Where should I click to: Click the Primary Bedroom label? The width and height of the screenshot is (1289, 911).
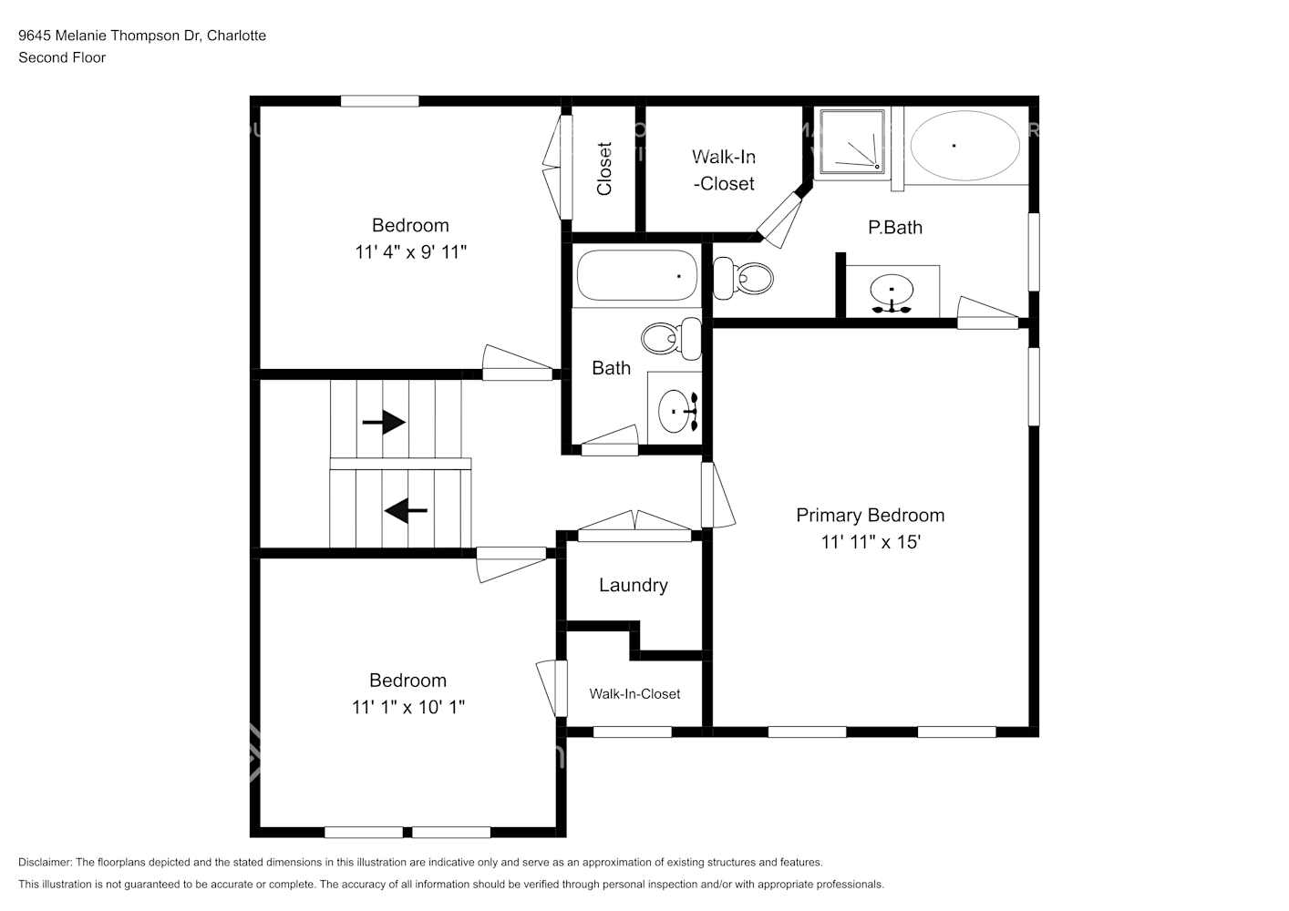pos(870,516)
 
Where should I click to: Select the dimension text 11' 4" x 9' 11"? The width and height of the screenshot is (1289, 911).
pos(410,252)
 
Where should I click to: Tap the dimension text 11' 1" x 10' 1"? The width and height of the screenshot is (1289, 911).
pos(407,707)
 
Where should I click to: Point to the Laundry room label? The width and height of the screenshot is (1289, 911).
pos(633,586)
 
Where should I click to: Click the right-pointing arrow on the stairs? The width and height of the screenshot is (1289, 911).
pos(384,422)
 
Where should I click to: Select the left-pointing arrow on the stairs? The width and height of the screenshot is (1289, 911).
pos(406,511)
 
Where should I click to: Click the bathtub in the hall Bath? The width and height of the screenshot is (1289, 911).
pos(635,275)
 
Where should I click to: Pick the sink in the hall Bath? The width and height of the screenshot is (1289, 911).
pos(675,411)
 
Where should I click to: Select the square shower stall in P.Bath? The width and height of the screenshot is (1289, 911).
pos(851,143)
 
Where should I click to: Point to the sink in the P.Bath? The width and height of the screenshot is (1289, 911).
pos(891,293)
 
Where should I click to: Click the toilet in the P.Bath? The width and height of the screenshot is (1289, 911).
pos(743,278)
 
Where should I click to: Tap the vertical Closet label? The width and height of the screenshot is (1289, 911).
pos(603,169)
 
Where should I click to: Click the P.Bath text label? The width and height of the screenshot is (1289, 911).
pos(894,228)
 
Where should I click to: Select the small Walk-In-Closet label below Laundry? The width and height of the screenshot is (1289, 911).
pos(634,694)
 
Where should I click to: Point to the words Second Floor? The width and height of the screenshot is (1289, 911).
pos(62,57)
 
